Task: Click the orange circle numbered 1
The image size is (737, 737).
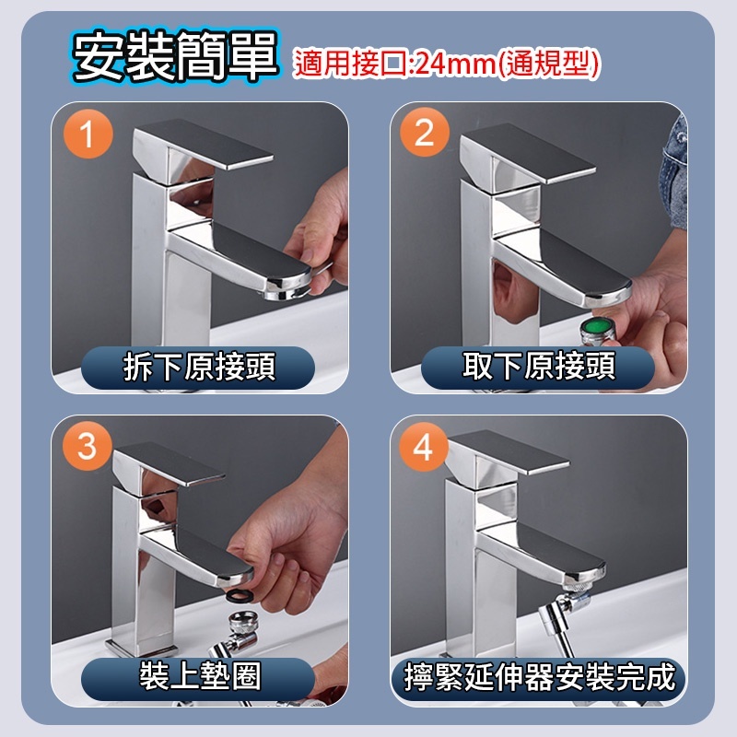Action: tap(88, 134)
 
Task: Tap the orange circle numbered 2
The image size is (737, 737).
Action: tap(425, 132)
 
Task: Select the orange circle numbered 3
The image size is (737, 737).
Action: tap(88, 446)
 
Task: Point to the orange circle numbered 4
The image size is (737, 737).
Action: tap(424, 447)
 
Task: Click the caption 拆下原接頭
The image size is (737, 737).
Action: tap(199, 367)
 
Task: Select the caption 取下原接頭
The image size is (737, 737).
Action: tap(539, 366)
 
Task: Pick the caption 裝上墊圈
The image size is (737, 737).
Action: tap(200, 677)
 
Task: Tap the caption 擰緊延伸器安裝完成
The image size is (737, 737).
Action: tap(539, 677)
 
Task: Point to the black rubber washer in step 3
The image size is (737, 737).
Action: tap(241, 594)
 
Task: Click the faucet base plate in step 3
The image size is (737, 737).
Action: tap(141, 648)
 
